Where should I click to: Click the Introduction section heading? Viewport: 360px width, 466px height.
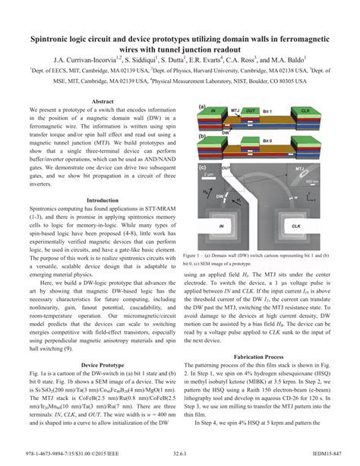point(102,201)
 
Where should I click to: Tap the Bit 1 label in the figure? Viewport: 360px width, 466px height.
point(267,112)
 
